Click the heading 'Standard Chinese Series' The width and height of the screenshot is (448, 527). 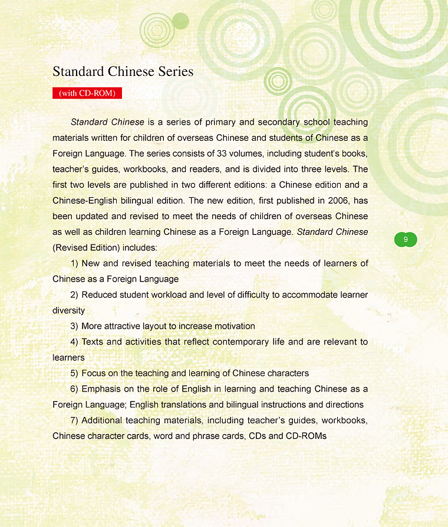click(x=123, y=72)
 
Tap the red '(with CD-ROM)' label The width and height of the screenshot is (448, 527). click(x=87, y=93)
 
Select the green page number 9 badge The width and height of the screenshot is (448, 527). click(x=406, y=240)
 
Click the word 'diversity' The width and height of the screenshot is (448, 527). click(x=68, y=310)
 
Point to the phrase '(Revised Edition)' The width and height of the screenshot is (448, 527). click(x=86, y=248)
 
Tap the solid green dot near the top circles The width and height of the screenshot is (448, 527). click(x=181, y=21)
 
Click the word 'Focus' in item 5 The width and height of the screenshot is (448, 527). click(x=93, y=373)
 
